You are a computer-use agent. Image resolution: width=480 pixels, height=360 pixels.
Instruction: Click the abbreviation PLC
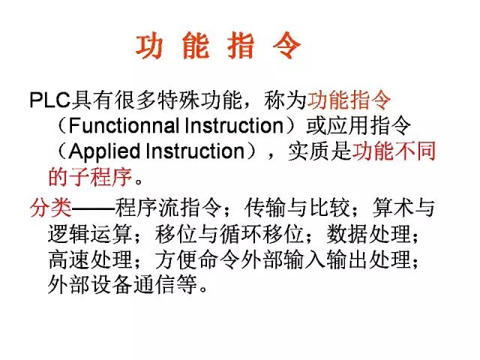coord(49,98)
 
